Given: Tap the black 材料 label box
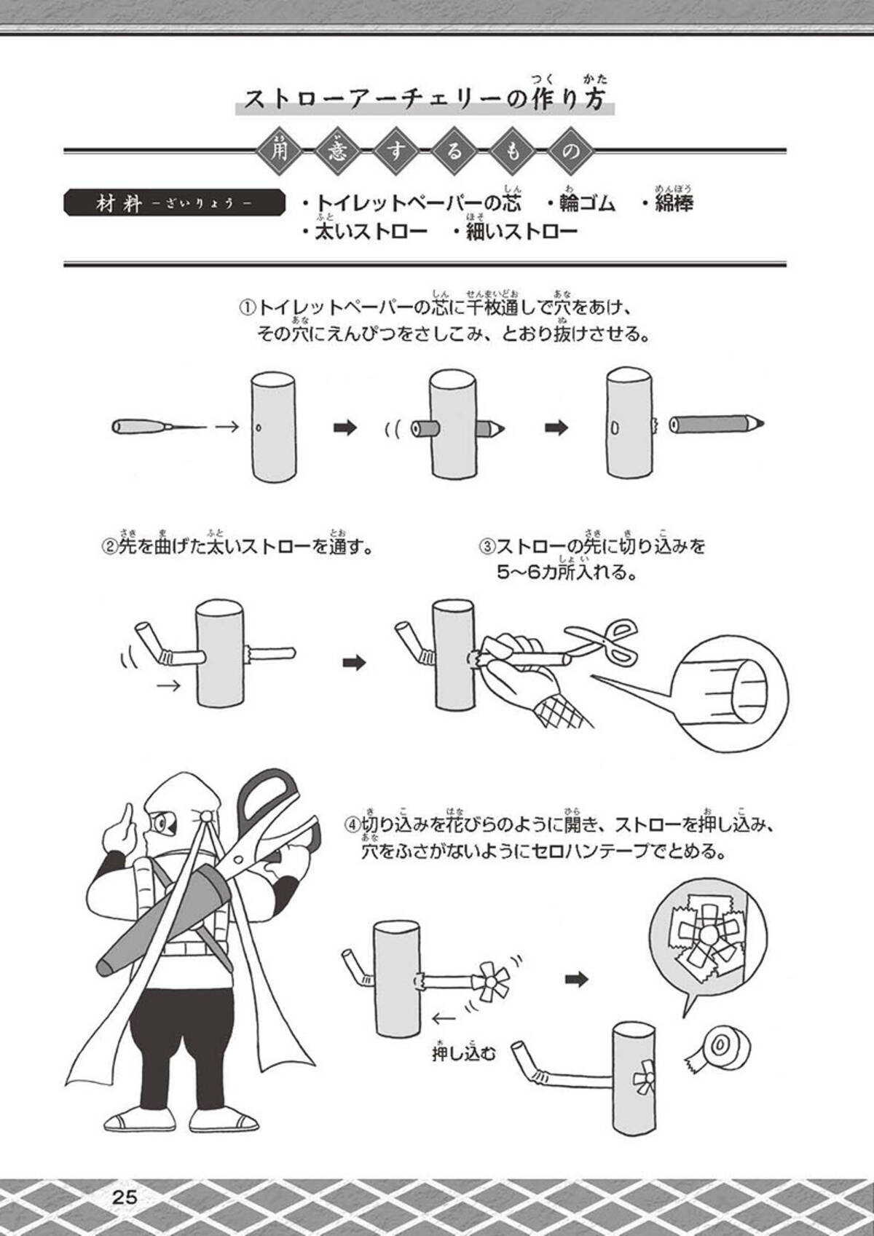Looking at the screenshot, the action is (174, 203).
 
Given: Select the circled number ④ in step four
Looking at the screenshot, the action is (353, 825).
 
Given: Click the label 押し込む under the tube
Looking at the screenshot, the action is (464, 1055).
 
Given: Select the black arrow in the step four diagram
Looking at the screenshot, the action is (577, 980).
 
